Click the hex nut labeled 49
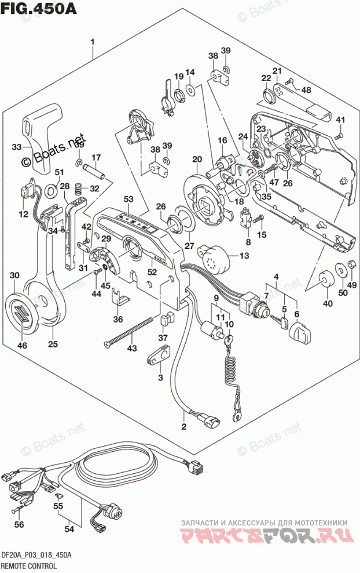point(351,267)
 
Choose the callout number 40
point(328,303)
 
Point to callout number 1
point(92,42)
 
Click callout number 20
point(197,159)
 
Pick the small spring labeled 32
point(82,188)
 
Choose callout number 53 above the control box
point(128,200)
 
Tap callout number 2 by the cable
point(183,427)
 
